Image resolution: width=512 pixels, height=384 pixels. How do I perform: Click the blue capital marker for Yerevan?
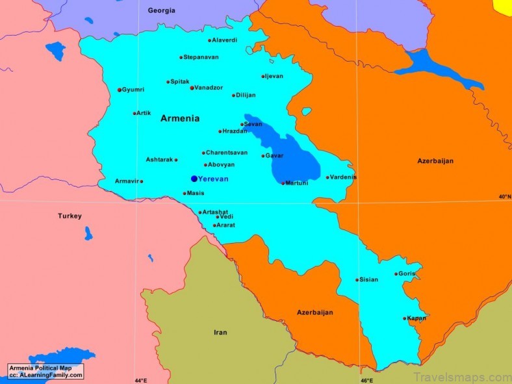(x=194, y=179)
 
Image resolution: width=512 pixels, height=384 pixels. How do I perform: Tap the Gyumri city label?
(x=133, y=90)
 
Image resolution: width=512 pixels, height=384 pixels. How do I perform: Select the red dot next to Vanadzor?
(x=192, y=88)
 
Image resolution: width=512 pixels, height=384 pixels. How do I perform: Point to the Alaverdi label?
(x=225, y=40)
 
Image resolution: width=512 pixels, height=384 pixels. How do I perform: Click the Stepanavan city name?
(x=201, y=57)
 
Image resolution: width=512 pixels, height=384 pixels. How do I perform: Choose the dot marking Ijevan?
(x=263, y=77)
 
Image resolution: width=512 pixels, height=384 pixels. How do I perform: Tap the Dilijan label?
(x=246, y=95)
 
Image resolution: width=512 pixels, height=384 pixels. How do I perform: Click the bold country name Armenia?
(x=180, y=118)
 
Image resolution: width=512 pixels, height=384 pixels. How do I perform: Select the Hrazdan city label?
(x=235, y=131)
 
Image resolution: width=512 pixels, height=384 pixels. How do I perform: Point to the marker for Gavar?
(x=263, y=156)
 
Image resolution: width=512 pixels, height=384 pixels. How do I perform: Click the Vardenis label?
(x=344, y=177)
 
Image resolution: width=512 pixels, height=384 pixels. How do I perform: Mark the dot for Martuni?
(x=283, y=183)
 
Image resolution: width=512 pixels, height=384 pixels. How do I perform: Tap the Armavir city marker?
(x=142, y=181)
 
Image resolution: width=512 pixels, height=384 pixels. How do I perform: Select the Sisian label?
(x=369, y=279)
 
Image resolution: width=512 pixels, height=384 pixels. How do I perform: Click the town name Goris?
(x=407, y=274)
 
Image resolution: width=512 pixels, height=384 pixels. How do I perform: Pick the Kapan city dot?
(x=404, y=318)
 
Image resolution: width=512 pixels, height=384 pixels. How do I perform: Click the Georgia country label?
(x=162, y=10)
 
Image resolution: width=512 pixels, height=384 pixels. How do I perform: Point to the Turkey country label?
(x=70, y=216)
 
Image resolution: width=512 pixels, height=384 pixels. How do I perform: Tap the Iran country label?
(x=220, y=332)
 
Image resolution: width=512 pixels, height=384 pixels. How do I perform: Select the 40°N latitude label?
(x=504, y=196)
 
